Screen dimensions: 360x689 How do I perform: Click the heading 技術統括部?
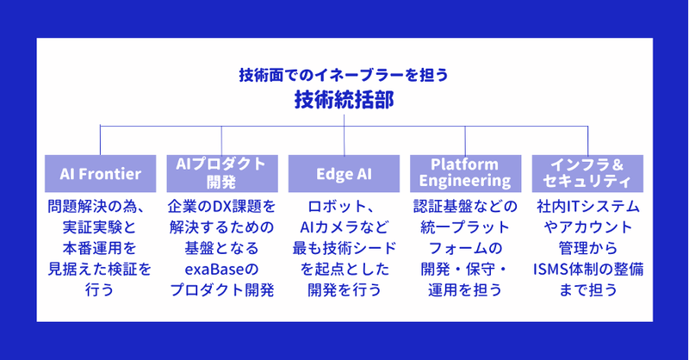(344, 100)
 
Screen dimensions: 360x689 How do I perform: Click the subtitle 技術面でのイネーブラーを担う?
(344, 75)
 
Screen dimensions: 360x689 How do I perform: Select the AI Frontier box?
(101, 173)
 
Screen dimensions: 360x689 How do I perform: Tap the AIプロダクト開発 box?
(222, 173)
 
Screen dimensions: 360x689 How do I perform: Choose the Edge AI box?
(344, 173)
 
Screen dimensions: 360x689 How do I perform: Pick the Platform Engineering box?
(465, 173)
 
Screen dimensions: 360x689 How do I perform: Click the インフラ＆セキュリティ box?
(587, 173)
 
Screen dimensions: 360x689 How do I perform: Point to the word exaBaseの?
(222, 269)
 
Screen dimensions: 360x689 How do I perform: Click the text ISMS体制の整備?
(587, 269)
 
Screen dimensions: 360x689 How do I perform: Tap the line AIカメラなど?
(344, 227)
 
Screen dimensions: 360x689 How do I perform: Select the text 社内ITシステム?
(587, 207)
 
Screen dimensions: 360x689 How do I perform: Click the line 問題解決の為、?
(101, 207)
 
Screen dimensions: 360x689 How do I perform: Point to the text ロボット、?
(344, 207)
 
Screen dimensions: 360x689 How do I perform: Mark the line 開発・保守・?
(465, 269)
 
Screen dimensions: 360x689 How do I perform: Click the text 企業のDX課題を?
(222, 207)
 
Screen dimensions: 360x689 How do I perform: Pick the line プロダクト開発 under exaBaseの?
(222, 290)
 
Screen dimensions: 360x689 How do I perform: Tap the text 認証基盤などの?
(465, 207)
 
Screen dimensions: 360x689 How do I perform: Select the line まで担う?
(587, 290)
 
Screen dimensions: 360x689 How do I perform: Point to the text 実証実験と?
(101, 227)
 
